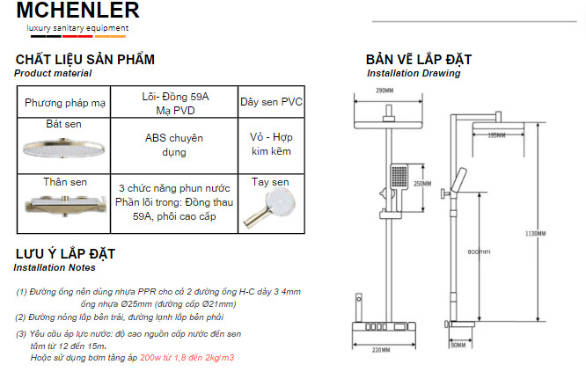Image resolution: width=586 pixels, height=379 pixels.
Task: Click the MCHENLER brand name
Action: pos(77,11)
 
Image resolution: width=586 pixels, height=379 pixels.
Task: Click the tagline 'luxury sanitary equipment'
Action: pos(77,29)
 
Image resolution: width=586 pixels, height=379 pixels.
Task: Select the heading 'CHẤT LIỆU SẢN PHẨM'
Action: pos(85,60)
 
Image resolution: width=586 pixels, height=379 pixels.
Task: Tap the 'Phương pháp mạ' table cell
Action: pos(65,103)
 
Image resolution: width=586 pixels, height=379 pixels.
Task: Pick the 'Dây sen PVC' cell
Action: pos(271,102)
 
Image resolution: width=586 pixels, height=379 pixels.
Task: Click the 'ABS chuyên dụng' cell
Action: pos(173,145)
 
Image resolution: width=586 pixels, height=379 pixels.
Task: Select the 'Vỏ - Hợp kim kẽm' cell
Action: pos(271,145)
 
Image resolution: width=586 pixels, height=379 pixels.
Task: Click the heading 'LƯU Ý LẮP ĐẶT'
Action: pos(65,254)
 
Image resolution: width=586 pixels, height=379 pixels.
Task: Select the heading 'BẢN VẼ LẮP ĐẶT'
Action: pos(419,60)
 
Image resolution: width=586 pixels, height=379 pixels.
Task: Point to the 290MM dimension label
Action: pos(384,91)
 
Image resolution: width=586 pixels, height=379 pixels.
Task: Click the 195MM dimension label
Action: pos(496,135)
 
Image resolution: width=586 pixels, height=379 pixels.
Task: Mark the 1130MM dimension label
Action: pos(560,233)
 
